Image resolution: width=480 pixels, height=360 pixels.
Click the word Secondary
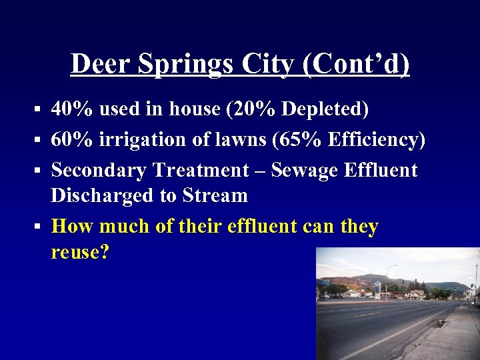pos(99,170)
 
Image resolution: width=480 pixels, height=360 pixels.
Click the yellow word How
pos(72,227)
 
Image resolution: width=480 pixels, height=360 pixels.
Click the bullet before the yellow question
pos(39,227)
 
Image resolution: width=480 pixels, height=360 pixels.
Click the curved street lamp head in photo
pos(394,267)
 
